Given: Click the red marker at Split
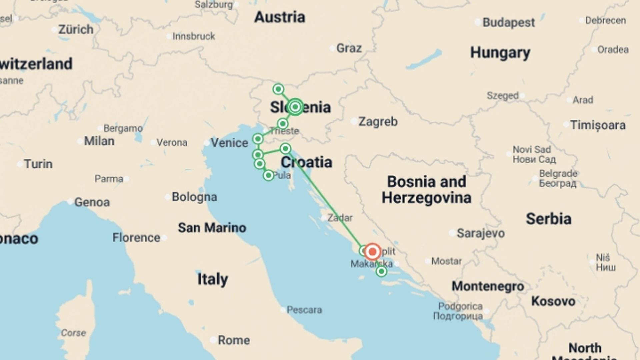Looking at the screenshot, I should click(372, 252).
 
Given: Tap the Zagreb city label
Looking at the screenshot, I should click(378, 122).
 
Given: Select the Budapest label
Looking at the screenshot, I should click(508, 23).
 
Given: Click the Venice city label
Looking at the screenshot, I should click(229, 143).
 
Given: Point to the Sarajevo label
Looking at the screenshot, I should click(480, 233).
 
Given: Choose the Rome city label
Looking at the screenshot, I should click(234, 340).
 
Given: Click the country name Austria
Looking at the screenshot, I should click(280, 17).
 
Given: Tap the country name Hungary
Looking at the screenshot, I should click(500, 53).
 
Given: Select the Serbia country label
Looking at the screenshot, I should click(548, 219).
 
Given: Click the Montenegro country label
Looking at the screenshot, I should click(488, 286).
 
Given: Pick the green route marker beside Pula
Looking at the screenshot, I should click(268, 175).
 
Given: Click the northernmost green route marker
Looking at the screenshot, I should click(278, 89).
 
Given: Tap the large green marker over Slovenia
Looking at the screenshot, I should click(295, 107).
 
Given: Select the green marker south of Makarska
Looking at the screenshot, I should click(381, 271).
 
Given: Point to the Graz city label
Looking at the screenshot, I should click(349, 48).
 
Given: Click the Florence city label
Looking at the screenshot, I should click(136, 238).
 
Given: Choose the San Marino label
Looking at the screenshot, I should click(212, 228).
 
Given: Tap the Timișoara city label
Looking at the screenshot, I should click(598, 125).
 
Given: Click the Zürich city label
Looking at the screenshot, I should click(76, 30).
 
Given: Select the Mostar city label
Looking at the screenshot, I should click(446, 261).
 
